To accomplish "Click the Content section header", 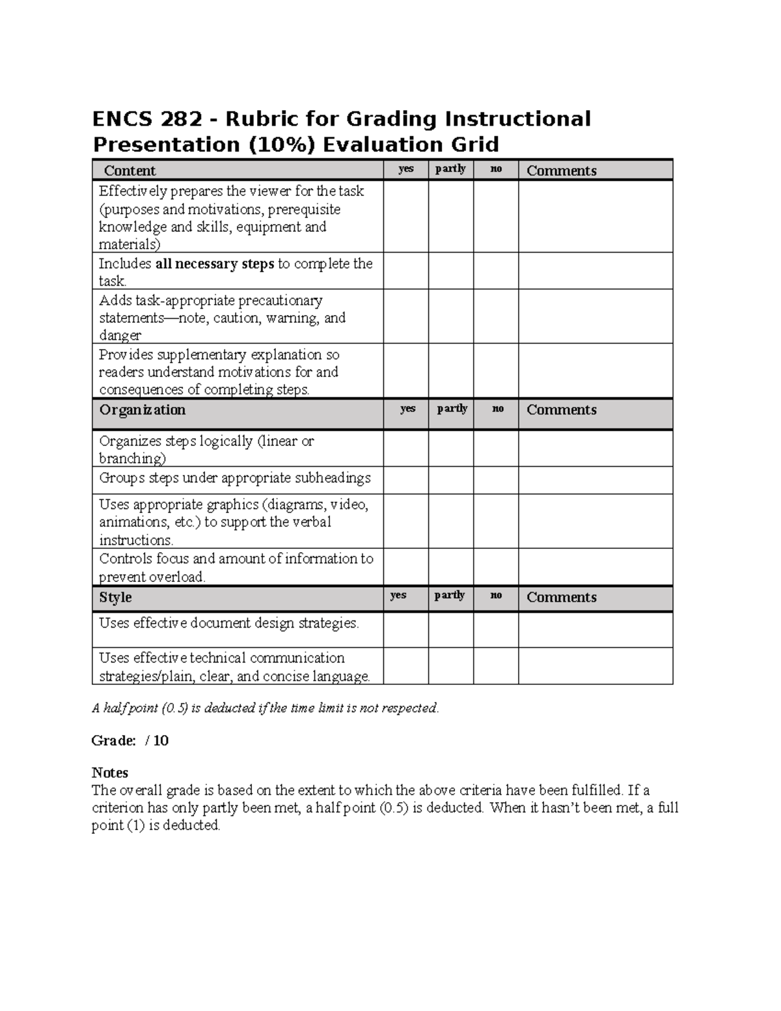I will point(130,171).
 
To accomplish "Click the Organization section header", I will point(142,410).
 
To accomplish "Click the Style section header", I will point(115,597).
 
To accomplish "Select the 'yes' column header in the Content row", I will point(405,169).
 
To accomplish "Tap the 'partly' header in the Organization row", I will point(452,409).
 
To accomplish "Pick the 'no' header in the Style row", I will point(496,596).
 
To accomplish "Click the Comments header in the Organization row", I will point(561,410).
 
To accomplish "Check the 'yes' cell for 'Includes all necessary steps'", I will point(405,271).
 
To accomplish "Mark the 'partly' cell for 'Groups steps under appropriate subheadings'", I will point(450,480).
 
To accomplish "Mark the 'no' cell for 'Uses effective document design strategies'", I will point(496,630).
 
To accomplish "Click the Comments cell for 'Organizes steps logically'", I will point(595,449).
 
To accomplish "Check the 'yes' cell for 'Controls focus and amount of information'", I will point(405,566).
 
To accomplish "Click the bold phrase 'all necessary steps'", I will point(215,264).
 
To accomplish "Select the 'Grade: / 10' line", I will point(130,741).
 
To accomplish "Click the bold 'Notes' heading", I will point(109,773).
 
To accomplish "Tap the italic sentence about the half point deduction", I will point(266,708).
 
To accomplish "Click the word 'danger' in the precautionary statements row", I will point(120,336).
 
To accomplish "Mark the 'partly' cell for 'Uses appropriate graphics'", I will point(450,521).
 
